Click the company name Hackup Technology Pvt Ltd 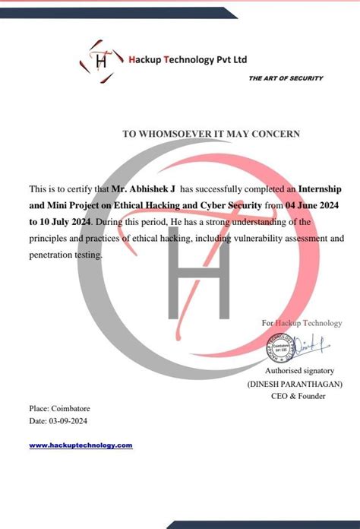pyautogui.click(x=188, y=60)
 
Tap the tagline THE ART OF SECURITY pyautogui.click(x=286, y=78)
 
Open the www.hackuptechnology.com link pyautogui.click(x=81, y=445)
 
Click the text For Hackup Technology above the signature pyautogui.click(x=302, y=323)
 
